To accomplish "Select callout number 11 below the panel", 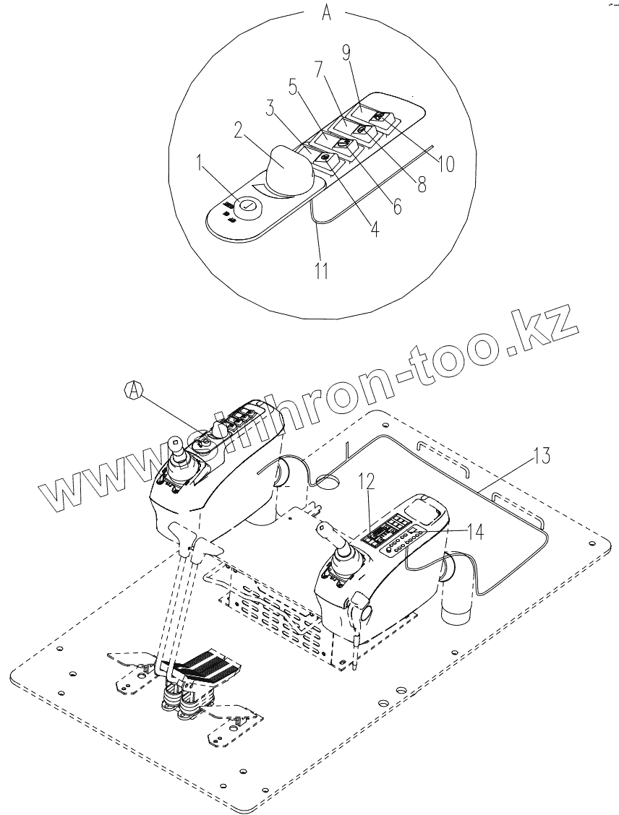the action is coord(321,271).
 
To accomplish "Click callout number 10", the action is coord(446,164).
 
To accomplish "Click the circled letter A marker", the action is coord(133,390).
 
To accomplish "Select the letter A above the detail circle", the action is coord(327,14).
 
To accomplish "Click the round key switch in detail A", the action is coord(247,205).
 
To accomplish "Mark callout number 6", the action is coord(396,205).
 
